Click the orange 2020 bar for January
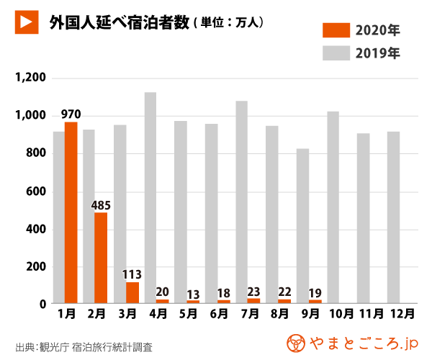71,212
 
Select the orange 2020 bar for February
101,257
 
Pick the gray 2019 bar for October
333,207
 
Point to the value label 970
71,114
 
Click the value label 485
101,204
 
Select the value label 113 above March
132,274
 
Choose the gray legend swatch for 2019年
335,53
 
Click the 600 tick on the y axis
36,192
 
